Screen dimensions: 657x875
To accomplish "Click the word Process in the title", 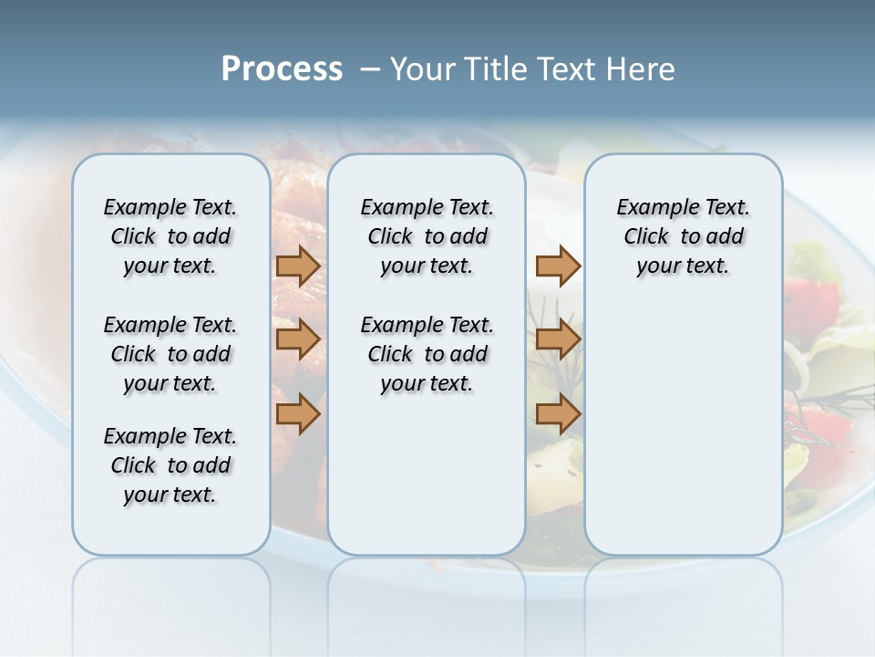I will point(282,69).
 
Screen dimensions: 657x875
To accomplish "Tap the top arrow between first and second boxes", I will point(298,266).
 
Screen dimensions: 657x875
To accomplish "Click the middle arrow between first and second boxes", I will point(298,339).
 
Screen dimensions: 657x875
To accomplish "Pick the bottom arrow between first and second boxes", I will point(298,414).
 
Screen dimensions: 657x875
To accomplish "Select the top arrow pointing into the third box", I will point(558,266).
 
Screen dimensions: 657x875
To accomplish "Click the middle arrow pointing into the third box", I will point(558,339).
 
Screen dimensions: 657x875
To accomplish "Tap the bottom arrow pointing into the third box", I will point(558,414).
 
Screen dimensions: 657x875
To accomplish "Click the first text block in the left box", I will point(170,236).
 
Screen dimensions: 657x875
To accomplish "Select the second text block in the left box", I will point(170,354).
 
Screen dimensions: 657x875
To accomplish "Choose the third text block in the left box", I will point(170,465).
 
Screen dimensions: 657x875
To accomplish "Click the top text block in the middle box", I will point(427,236).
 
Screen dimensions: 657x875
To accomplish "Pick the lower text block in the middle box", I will point(427,354).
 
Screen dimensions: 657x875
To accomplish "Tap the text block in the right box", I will point(683,236).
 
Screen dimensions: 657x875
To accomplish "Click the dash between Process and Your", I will point(369,69).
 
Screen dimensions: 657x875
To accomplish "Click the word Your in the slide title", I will point(423,69).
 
